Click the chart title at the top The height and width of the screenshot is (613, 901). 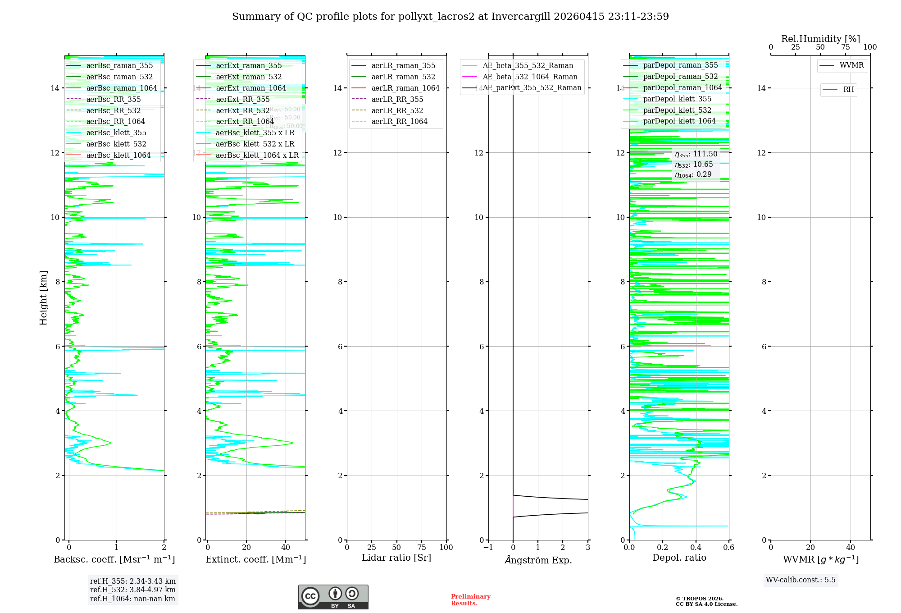450,17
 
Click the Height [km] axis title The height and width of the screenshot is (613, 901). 43,297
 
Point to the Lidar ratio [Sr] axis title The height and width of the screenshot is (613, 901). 396,558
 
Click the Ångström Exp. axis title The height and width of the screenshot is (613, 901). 538,560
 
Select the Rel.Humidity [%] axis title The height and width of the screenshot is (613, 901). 820,39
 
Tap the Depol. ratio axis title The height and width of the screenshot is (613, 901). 679,558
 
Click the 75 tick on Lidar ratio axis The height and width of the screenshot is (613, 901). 422,547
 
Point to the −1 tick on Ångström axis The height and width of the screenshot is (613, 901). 488,547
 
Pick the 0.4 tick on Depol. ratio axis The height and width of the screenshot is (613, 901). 696,547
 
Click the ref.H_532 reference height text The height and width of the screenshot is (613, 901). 132,590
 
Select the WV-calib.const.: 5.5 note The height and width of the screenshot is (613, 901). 801,580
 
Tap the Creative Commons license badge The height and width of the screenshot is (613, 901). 333,597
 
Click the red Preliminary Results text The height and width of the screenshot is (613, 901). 470,599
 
